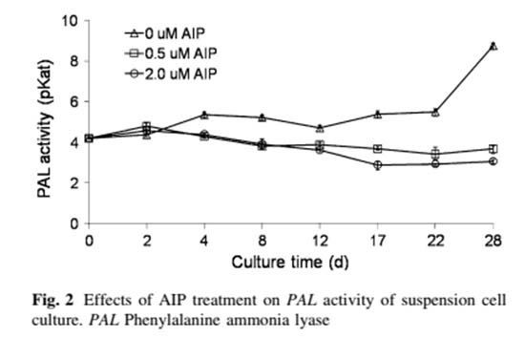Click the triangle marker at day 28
point(493,45)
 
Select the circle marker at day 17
point(378,164)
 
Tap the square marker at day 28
point(493,149)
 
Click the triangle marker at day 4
point(204,115)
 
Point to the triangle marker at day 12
point(320,127)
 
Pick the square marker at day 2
point(146,126)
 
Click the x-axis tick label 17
point(378,238)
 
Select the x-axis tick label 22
point(435,238)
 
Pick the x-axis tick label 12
point(320,238)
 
